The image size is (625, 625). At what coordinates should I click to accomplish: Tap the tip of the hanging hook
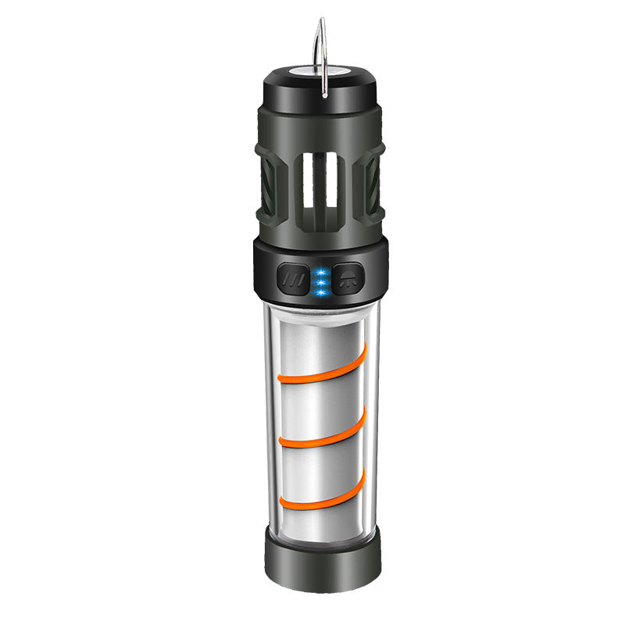[x=320, y=20]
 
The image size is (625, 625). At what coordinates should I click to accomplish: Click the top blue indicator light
[x=320, y=271]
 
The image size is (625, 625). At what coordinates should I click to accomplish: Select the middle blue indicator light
[x=320, y=281]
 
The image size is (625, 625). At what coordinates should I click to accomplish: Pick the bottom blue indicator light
[x=320, y=292]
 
